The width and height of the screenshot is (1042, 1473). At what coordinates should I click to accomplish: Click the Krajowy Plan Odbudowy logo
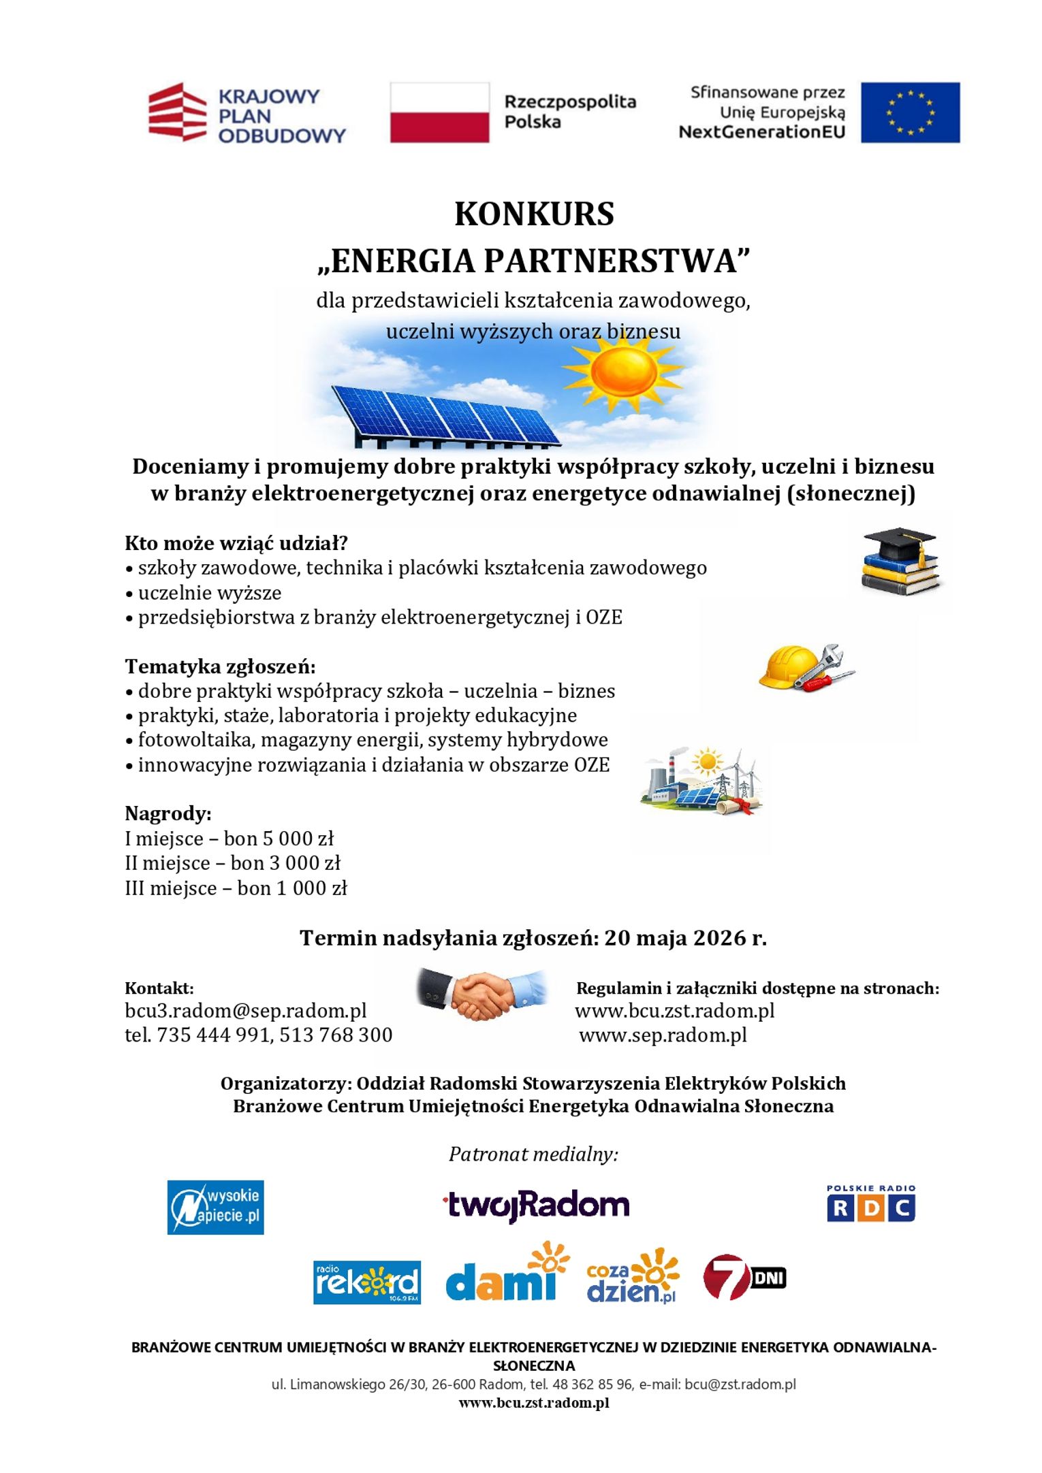(x=247, y=114)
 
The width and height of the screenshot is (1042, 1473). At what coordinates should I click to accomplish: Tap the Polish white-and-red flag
(x=439, y=112)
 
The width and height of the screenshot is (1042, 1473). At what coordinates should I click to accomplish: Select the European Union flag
(x=910, y=112)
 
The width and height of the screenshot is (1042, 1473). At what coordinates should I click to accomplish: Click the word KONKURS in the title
(x=534, y=214)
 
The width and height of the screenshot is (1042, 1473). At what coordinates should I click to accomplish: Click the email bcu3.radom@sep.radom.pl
(x=245, y=1010)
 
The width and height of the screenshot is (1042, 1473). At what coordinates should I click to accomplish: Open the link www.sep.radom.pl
(x=663, y=1035)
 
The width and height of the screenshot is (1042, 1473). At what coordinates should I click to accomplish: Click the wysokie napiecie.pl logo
(x=215, y=1207)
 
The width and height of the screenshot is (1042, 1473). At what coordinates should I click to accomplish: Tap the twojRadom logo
(x=536, y=1205)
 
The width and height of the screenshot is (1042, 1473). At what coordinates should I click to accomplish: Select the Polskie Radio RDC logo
(x=870, y=1203)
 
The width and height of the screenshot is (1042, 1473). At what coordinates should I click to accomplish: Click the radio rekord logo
(x=366, y=1282)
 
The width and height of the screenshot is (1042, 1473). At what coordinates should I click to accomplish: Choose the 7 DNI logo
(x=744, y=1277)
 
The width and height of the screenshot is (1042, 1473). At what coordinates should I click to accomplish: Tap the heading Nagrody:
(x=168, y=813)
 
